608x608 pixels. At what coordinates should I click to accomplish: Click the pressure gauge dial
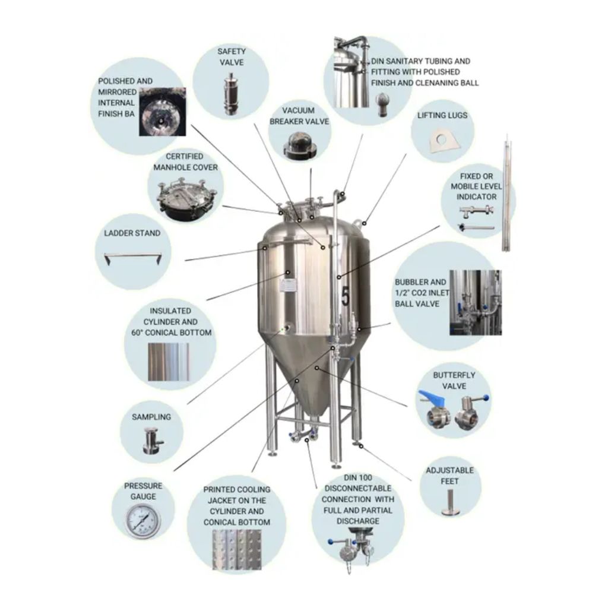click(x=142, y=520)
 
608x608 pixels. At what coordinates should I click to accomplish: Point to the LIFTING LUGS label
click(x=442, y=115)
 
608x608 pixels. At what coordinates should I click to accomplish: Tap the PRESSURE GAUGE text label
click(x=143, y=490)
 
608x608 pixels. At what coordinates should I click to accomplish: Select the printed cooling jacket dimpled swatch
click(x=236, y=549)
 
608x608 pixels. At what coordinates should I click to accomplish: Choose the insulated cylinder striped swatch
click(x=167, y=362)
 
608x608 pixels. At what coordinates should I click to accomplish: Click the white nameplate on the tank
click(x=289, y=284)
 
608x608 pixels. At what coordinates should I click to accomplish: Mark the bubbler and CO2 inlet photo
click(x=474, y=303)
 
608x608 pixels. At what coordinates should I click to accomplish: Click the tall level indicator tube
click(x=506, y=193)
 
